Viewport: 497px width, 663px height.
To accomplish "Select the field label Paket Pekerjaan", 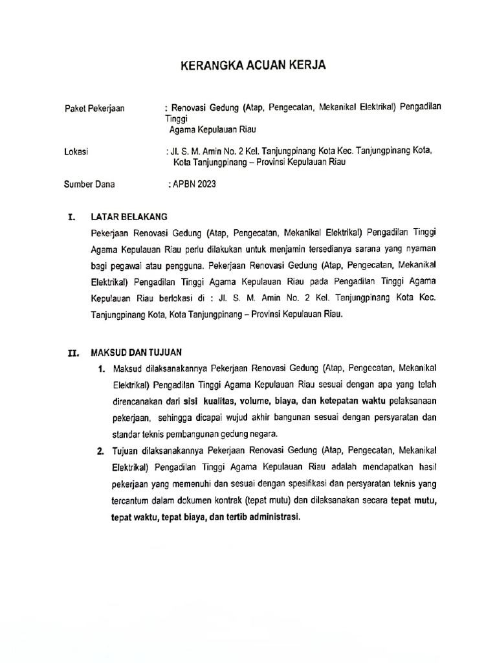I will (x=94, y=109).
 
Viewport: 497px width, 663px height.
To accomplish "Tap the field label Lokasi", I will (x=76, y=152).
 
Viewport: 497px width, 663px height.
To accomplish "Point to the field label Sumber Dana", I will (x=89, y=185).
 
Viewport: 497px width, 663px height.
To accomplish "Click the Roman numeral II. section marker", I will (x=73, y=354).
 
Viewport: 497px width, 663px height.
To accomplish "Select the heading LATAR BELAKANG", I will (x=129, y=217).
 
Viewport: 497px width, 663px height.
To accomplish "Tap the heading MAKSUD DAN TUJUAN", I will (x=137, y=353).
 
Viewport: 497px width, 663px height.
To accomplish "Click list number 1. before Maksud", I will (x=102, y=370).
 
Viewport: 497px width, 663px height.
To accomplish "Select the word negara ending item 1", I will (x=262, y=433).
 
